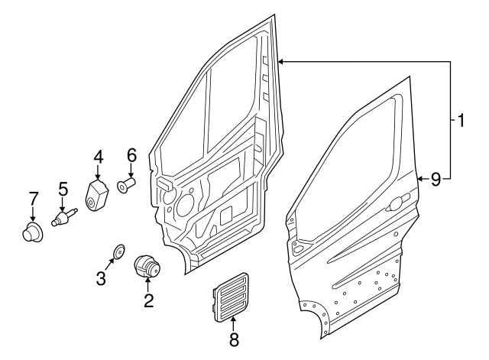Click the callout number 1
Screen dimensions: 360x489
461,120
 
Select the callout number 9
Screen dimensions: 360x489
436,180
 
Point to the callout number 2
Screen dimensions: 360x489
148,300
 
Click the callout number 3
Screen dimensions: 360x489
102,277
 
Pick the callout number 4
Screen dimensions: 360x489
99,157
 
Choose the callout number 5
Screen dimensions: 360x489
63,188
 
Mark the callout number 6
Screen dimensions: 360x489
131,155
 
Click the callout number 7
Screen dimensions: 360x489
33,199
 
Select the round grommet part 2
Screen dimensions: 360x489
147,268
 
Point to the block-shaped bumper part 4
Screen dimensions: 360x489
98,196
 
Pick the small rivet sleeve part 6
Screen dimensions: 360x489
126,186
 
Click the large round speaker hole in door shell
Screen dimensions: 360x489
185,204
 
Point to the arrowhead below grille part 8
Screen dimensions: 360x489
234,319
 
